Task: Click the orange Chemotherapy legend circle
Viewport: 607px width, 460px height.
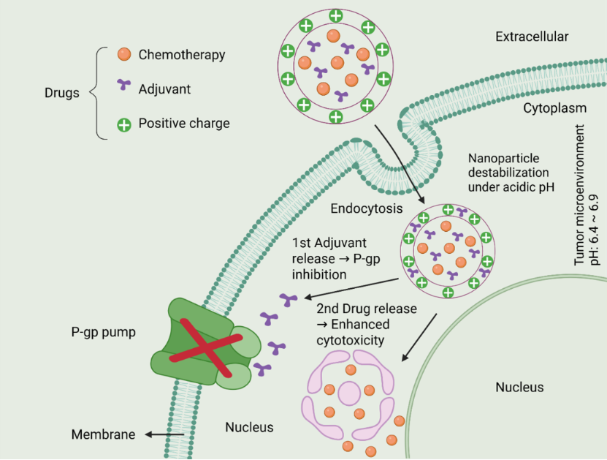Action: (124, 54)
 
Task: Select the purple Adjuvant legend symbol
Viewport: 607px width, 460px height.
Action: (124, 85)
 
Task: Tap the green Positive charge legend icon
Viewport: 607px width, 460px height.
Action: (124, 125)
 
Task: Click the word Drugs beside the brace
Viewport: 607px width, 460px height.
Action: (62, 93)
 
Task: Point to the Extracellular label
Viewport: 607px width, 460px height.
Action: (532, 37)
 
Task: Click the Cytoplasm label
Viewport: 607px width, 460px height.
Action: (554, 108)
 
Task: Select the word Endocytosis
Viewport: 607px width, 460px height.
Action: (367, 208)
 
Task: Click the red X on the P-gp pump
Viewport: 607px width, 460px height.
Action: (206, 347)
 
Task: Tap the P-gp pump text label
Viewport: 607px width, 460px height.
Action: (104, 333)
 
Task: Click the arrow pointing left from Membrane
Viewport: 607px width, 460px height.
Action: (164, 434)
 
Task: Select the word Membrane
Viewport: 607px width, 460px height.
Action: (104, 434)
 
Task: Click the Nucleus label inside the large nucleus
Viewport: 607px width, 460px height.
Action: (519, 387)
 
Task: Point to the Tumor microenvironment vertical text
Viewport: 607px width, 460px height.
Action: (579, 195)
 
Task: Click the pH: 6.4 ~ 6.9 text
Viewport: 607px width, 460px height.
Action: (595, 230)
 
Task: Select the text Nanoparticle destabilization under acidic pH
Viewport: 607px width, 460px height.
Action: (511, 173)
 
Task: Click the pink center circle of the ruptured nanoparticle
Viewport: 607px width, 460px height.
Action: (349, 393)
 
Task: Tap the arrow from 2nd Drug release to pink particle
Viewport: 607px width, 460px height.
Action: (419, 338)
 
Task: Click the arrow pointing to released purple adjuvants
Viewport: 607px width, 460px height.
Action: (351, 288)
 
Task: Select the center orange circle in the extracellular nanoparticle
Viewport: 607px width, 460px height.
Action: (337, 63)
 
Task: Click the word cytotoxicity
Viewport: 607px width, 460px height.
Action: (351, 341)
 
